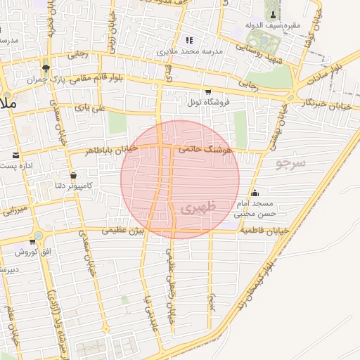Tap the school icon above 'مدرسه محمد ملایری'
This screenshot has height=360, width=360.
coord(188,39)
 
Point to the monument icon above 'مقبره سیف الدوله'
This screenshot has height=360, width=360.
coord(271,14)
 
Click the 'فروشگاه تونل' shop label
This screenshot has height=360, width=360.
coord(207,103)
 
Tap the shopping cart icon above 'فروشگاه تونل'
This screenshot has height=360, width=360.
coord(207,91)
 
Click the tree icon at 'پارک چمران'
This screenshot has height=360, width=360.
coord(46,69)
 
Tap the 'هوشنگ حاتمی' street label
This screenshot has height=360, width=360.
coord(204,149)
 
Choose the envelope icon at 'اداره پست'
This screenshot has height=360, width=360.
coord(15,154)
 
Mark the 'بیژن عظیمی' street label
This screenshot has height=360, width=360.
coord(125,231)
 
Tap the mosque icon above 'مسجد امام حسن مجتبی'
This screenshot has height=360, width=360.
coord(255,193)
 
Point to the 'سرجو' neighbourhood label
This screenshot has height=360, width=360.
coord(291,165)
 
